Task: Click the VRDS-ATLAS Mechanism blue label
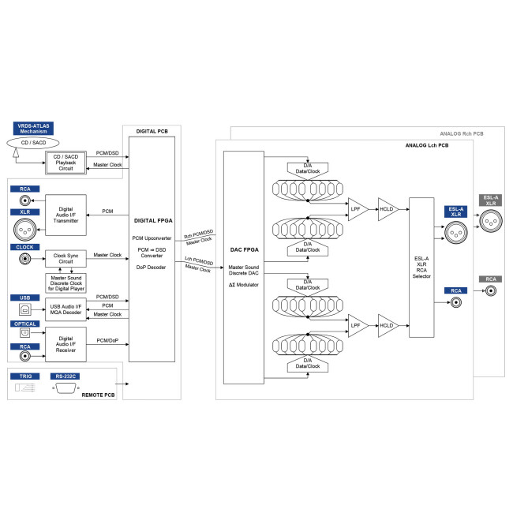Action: [33, 129]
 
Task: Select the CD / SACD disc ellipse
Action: [33, 143]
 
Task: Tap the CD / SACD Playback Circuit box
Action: [66, 163]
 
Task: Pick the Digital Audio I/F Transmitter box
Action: [66, 215]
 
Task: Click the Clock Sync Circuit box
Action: [66, 258]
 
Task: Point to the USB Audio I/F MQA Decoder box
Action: [66, 309]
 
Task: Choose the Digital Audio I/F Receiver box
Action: [66, 344]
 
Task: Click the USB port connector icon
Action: [25, 309]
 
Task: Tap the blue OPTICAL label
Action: [25, 324]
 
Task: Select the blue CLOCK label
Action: [25, 247]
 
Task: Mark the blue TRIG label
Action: [25, 376]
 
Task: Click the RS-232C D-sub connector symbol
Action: [66, 388]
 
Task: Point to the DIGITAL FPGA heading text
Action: [153, 220]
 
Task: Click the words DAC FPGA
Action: [245, 249]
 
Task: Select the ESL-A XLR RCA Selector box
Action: [421, 268]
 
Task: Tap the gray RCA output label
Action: [490, 279]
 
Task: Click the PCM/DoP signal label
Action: [107, 341]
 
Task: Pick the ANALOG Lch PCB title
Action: [427, 145]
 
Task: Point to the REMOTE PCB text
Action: [98, 395]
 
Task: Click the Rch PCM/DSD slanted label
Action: [199, 234]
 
